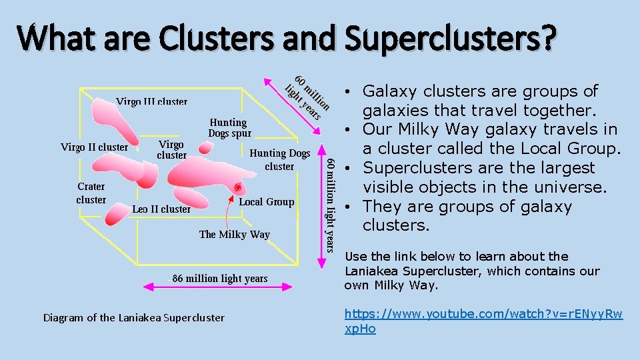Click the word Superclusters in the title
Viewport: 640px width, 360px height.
click(x=449, y=38)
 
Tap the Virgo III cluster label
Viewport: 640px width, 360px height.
click(x=151, y=102)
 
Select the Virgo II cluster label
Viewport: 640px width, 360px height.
click(x=94, y=147)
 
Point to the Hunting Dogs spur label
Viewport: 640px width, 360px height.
click(x=228, y=127)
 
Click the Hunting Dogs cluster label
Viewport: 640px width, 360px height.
click(x=280, y=159)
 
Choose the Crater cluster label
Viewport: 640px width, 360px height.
click(x=91, y=193)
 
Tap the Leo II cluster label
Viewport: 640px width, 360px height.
click(x=161, y=209)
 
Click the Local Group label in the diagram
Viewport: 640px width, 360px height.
click(x=266, y=201)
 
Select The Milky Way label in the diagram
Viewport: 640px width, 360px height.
click(x=234, y=234)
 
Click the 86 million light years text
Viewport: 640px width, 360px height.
click(x=220, y=278)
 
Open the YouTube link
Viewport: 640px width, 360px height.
click(x=483, y=321)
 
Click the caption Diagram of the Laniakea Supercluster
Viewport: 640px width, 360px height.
click(x=133, y=317)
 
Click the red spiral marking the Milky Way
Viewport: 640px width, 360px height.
click(x=237, y=188)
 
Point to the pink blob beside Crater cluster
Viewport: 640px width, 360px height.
click(x=117, y=213)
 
